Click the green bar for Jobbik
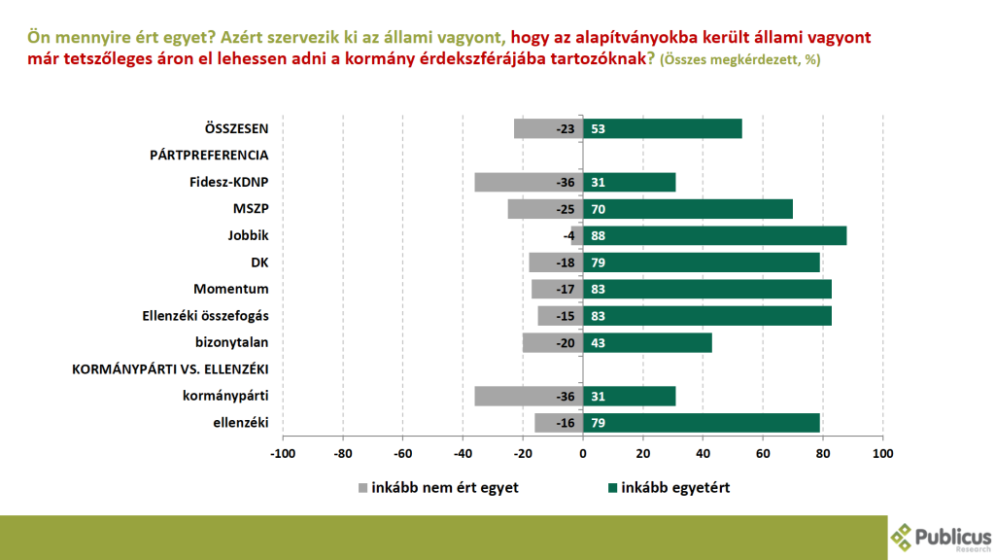[714, 235]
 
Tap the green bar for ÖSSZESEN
[662, 128]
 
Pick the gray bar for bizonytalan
[552, 342]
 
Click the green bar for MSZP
[688, 208]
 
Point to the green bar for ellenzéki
[702, 422]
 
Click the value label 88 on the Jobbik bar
[599, 235]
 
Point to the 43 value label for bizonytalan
[599, 342]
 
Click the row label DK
[259, 262]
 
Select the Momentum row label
[231, 289]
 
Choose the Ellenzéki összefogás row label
[206, 315]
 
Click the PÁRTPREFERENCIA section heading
[209, 155]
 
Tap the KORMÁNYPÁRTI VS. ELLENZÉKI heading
[171, 368]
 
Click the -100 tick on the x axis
[283, 453]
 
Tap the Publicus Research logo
[941, 536]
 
